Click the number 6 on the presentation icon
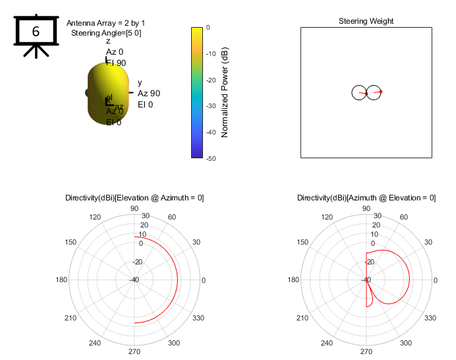coord(36,30)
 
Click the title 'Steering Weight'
coord(366,21)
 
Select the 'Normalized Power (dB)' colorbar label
coord(225,92)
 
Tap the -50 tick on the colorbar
coord(209,158)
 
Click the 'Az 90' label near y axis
coord(149,94)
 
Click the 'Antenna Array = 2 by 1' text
coord(106,22)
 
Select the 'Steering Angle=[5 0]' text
coord(106,32)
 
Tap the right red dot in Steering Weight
coord(380,91)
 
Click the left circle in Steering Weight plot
coord(359,93)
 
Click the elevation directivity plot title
coord(134,198)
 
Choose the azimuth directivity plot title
coord(366,198)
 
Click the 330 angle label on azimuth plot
coord(431,318)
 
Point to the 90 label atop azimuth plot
coord(366,209)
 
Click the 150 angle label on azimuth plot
coord(302,243)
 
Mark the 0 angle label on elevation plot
coord(204,280)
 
